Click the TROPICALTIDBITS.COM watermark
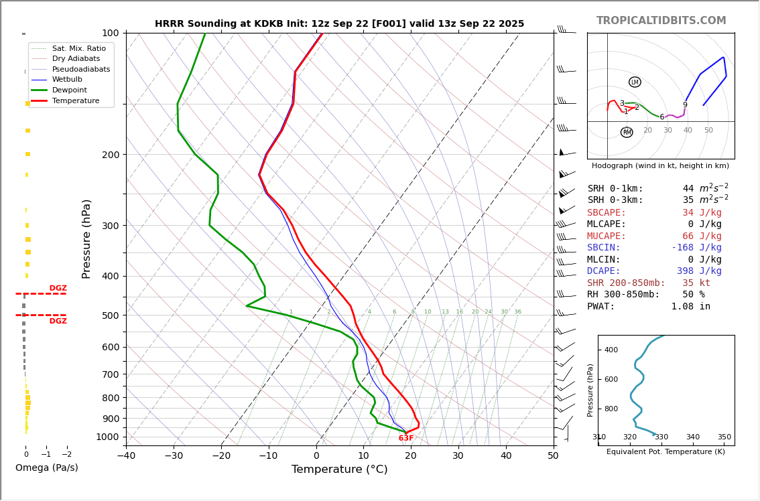[x=661, y=21]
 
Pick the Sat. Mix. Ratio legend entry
[x=78, y=48]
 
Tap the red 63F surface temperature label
[x=406, y=438]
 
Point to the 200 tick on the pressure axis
[x=110, y=155]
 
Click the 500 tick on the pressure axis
[x=110, y=315]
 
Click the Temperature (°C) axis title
[x=339, y=470]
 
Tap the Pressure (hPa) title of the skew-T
[x=86, y=238]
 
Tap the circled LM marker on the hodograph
[x=635, y=82]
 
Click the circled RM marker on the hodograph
[x=627, y=133]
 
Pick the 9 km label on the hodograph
[x=685, y=105]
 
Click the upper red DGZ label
[x=58, y=288]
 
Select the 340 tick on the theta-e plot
[x=693, y=437]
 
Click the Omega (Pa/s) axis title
[x=47, y=468]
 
